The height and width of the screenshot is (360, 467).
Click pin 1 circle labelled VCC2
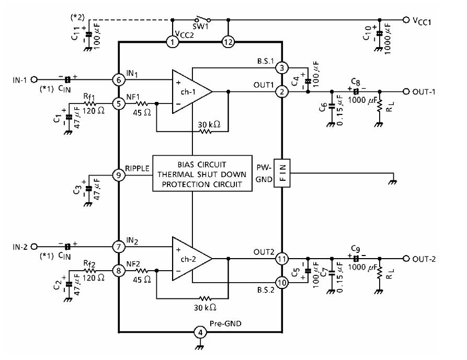[172, 42]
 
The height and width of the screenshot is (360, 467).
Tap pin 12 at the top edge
[228, 42]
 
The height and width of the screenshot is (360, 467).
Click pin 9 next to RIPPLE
[119, 175]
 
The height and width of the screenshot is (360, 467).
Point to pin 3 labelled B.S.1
[282, 68]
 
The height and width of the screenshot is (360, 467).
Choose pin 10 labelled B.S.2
[282, 282]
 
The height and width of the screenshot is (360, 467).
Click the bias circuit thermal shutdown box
[202, 173]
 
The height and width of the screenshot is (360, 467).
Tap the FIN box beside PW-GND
[282, 173]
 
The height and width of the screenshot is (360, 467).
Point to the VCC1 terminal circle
[406, 20]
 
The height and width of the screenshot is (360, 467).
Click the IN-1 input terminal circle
[34, 80]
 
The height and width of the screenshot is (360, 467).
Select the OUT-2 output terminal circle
[406, 259]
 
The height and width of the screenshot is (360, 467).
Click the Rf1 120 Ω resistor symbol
[89, 103]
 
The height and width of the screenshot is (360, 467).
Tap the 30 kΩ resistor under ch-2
[205, 298]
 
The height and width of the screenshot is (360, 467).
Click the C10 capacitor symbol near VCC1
[379, 33]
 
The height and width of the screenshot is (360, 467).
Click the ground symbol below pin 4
[200, 346]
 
